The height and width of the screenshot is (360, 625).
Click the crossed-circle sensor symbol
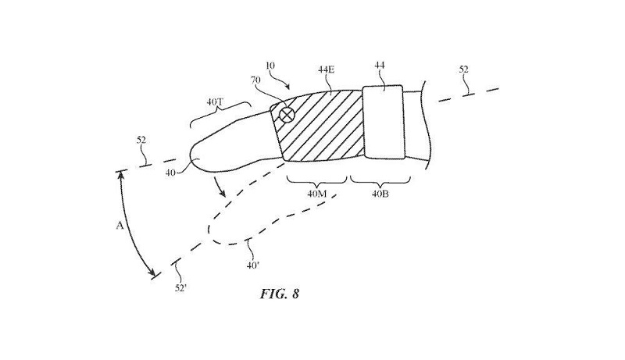287,115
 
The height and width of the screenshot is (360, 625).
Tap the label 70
255,79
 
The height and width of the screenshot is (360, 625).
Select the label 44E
327,70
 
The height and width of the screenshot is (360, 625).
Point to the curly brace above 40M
316,180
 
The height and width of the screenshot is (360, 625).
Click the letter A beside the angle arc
120,225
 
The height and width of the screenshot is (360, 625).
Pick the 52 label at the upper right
464,70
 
